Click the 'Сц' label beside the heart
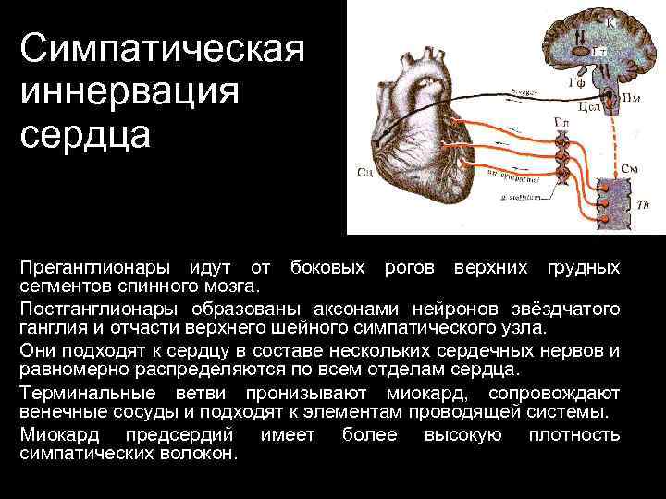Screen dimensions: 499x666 coord(364,172)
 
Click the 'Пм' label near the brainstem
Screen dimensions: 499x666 coord(632,94)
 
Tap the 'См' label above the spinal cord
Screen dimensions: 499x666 coord(629,169)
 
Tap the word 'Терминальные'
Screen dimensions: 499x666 coord(89,393)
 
